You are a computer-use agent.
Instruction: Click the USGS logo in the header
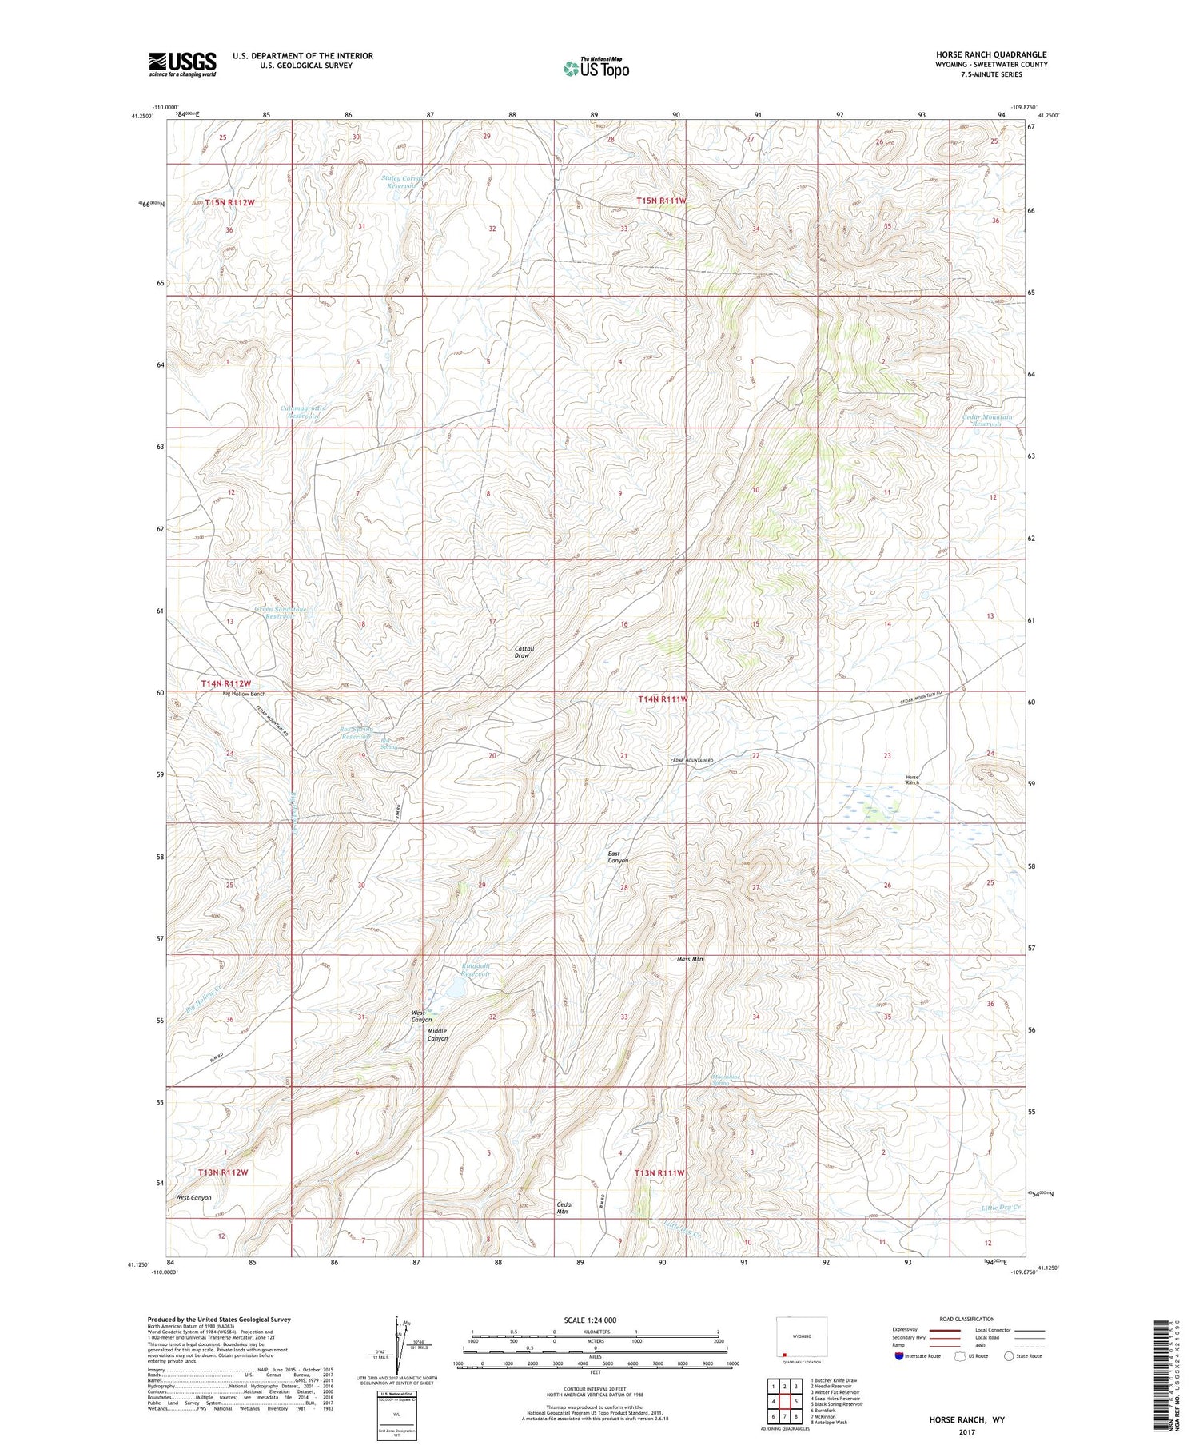pos(182,64)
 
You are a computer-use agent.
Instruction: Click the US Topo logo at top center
pos(596,69)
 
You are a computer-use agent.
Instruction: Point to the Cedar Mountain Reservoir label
pos(987,420)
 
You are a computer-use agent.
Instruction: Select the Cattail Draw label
pos(524,652)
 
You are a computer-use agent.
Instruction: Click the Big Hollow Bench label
pos(244,694)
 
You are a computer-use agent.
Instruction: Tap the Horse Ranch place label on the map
pos(912,779)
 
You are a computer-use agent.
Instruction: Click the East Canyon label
pos(618,857)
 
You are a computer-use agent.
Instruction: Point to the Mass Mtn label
pos(690,959)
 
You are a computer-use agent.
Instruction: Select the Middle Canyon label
pos(437,1034)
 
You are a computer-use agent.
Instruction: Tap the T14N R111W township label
pos(663,699)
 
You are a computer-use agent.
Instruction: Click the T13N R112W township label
pos(223,1172)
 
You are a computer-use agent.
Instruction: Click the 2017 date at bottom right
pos(966,1431)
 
